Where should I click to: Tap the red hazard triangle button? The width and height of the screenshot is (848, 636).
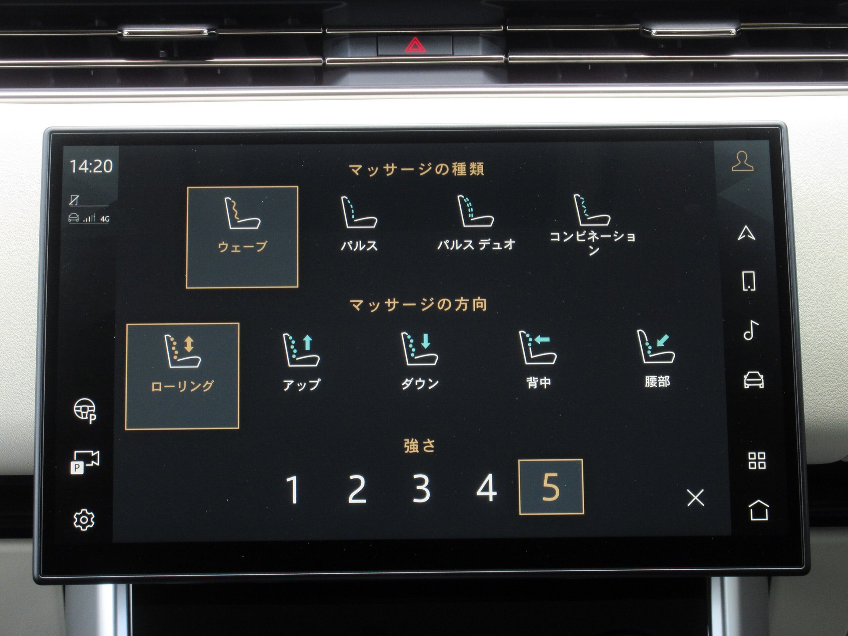pos(415,45)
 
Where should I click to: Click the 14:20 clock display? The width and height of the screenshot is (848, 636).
pos(91,167)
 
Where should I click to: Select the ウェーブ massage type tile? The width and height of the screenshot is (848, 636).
pos(242,237)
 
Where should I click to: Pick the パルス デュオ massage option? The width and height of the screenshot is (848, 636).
pos(476,223)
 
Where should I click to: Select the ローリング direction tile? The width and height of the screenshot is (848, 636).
pos(182,376)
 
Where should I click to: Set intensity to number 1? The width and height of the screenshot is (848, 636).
pos(293,489)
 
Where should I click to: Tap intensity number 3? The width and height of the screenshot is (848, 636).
pos(421,488)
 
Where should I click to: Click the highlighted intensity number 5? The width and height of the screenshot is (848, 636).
pos(551,487)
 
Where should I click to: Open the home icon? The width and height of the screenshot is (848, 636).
pos(759,510)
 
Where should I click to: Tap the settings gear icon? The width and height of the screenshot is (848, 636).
pos(84,520)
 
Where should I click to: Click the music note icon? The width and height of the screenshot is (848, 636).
pos(751,330)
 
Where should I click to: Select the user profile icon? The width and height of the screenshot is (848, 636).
pos(742,161)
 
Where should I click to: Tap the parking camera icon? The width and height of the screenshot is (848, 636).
pos(85,462)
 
